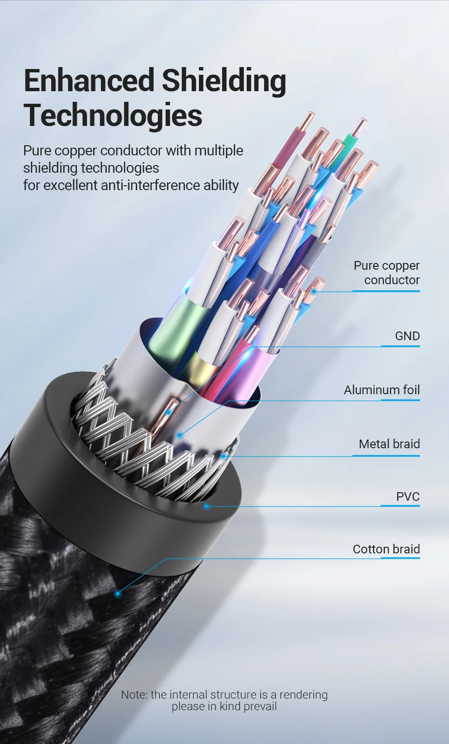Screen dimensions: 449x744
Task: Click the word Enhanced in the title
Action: pyautogui.click(x=89, y=81)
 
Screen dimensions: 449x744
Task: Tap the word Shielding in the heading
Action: pyautogui.click(x=224, y=81)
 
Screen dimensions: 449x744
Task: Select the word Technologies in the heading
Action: pyautogui.click(x=113, y=116)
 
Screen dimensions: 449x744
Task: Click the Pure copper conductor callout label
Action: pyautogui.click(x=386, y=273)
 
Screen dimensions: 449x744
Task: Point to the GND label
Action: pyautogui.click(x=407, y=336)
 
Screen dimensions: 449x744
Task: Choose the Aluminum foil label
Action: pyautogui.click(x=381, y=390)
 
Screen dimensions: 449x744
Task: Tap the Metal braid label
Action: pyautogui.click(x=389, y=444)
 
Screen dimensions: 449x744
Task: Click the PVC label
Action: pyautogui.click(x=407, y=496)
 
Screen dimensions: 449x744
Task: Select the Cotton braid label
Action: pyautogui.click(x=386, y=549)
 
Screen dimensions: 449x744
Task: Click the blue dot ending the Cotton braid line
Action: pyautogui.click(x=117, y=594)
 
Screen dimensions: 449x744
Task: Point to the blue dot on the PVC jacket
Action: pyautogui.click(x=206, y=506)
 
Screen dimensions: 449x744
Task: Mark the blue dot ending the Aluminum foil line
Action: pyautogui.click(x=180, y=435)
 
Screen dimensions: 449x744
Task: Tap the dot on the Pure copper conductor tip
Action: pyautogui.click(x=314, y=291)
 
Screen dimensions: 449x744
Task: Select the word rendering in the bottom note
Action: pyautogui.click(x=303, y=695)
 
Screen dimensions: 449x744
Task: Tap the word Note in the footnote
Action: pyautogui.click(x=134, y=695)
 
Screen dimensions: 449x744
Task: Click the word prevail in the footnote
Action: pyautogui.click(x=261, y=706)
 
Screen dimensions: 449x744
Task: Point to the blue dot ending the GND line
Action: pyautogui.click(x=168, y=413)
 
